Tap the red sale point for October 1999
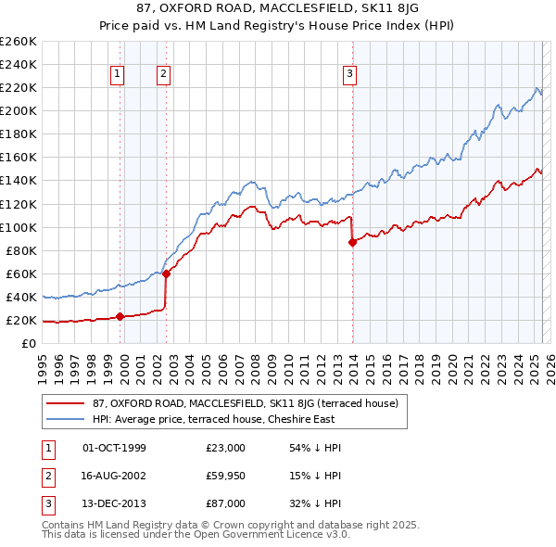tap(120, 316)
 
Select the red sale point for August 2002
tap(166, 273)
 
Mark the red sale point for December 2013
tap(352, 242)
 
